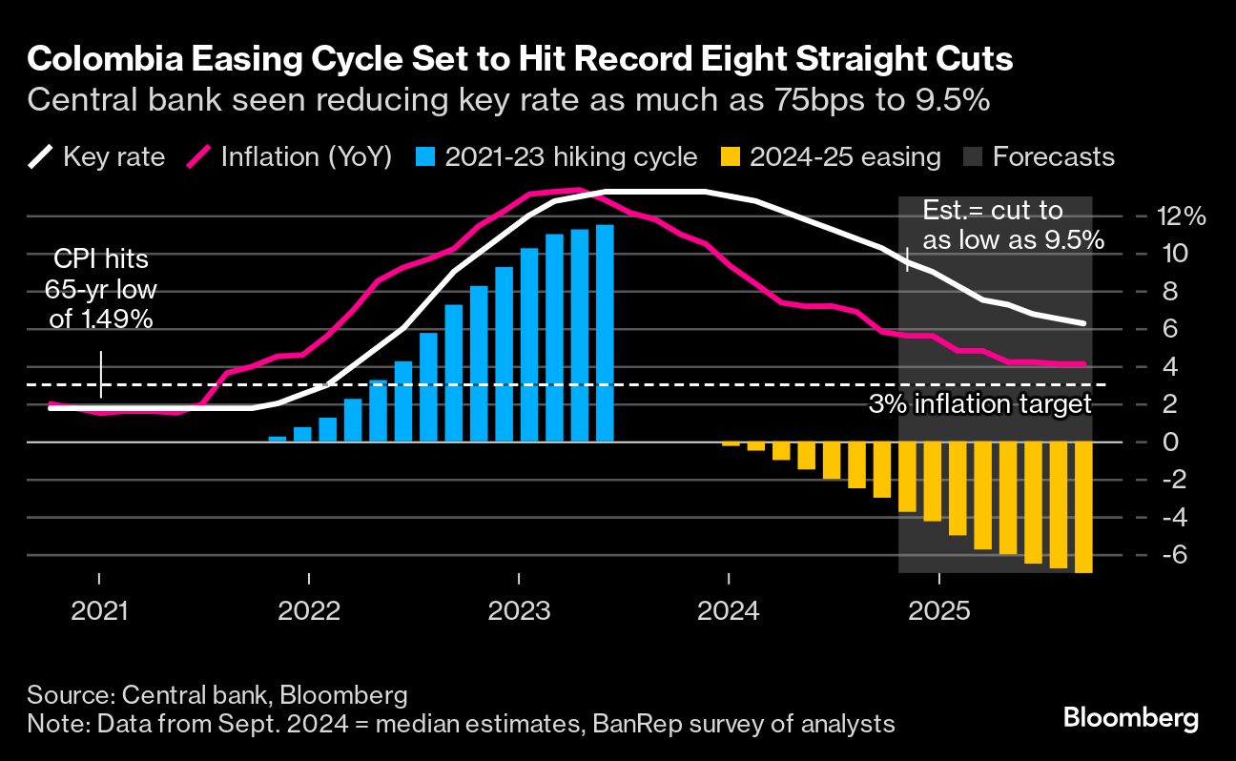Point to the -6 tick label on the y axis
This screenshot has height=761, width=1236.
click(x=1174, y=555)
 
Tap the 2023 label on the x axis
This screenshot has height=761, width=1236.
click(x=518, y=610)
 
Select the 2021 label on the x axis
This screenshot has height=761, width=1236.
click(x=99, y=610)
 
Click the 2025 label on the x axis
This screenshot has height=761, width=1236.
click(x=938, y=610)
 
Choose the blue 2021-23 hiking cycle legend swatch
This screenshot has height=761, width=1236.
click(x=430, y=156)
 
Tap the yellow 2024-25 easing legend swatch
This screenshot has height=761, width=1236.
click(x=733, y=156)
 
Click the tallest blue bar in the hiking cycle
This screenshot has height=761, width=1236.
click(x=605, y=333)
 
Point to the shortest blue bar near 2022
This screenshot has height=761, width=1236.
click(x=278, y=439)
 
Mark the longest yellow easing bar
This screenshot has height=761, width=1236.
click(x=1082, y=507)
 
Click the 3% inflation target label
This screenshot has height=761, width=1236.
click(x=979, y=404)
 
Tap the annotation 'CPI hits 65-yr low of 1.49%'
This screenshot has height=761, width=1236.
click(x=100, y=289)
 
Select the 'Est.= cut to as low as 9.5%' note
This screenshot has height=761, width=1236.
click(x=1013, y=225)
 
